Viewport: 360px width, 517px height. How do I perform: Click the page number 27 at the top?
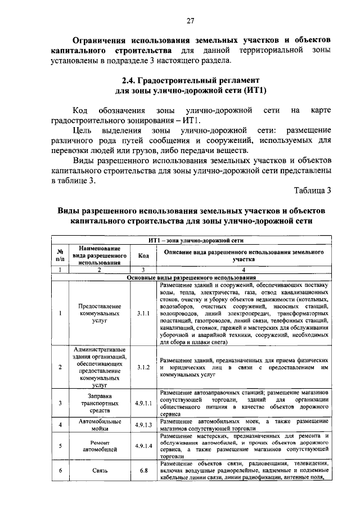pos(191,21)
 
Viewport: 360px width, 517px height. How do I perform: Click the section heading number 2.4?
pos(131,80)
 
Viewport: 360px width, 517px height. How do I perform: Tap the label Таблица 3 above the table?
pos(310,190)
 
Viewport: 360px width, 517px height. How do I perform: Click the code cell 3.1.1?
pos(143,313)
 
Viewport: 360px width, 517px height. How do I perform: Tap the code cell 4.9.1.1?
pos(143,403)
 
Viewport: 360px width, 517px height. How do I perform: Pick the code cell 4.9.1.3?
pos(143,425)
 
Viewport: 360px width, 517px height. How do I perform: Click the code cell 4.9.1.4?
pos(143,446)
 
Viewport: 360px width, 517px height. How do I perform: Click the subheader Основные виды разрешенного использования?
pos(191,278)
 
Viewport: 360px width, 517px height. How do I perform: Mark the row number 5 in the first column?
pos(59,446)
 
